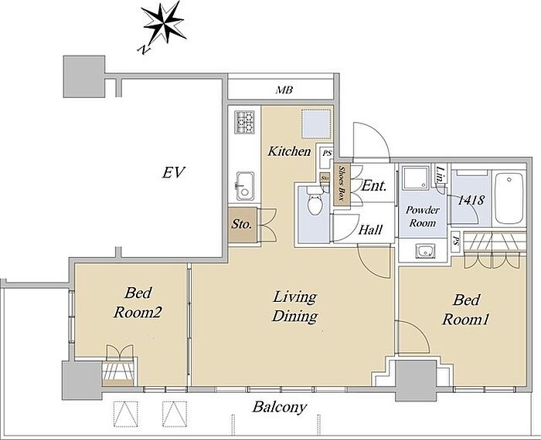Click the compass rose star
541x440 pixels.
coord(164,22)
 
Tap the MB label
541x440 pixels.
coord(284,90)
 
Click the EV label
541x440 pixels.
coord(174,172)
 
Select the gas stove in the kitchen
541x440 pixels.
coord(244,122)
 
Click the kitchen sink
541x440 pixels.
coord(245,186)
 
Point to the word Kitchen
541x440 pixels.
coord(289,151)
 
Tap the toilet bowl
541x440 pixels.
coord(315,201)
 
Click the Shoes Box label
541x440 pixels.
coord(342,184)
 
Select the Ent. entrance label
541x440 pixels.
coord(373,186)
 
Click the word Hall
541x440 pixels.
coord(370,229)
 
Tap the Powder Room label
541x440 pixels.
coord(422,216)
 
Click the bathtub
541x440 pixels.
coord(509,198)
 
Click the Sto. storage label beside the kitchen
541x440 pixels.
coord(241,225)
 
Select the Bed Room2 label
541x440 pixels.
coord(138,303)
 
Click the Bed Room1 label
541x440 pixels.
coord(465,310)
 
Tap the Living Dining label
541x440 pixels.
coord(294,306)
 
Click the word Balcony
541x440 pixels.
coord(280,408)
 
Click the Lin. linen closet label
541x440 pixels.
coord(440,174)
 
